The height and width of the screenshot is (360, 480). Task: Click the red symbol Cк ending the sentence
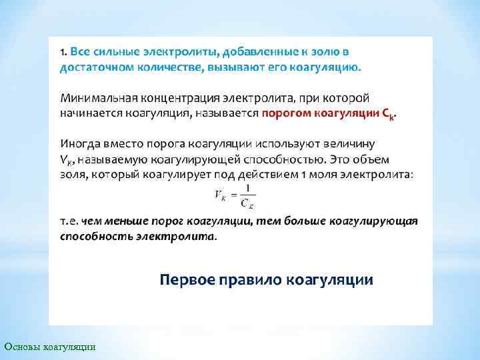tap(387, 114)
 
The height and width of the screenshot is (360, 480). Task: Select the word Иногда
tap(79, 143)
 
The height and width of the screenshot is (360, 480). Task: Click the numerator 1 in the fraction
tap(247, 189)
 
